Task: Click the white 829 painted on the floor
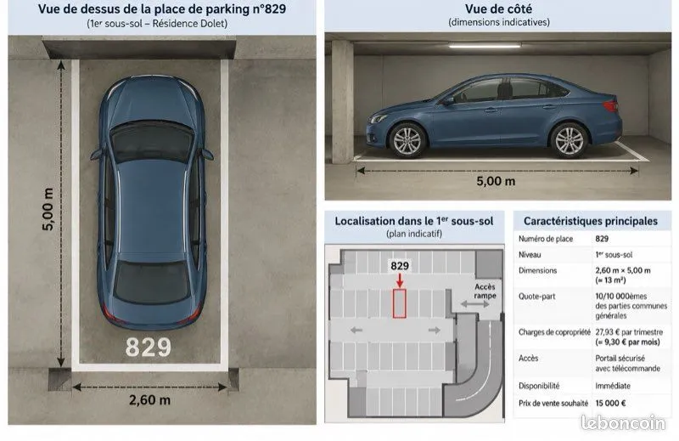pyautogui.click(x=149, y=348)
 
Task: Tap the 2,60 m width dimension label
pyautogui.click(x=150, y=400)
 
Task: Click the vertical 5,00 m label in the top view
pyautogui.click(x=48, y=209)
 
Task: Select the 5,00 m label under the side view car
pyautogui.click(x=496, y=181)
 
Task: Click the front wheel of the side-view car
pyautogui.click(x=407, y=140)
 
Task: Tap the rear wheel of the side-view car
pyautogui.click(x=569, y=140)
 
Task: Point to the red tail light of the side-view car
pyautogui.click(x=609, y=105)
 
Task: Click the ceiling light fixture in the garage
pyautogui.click(x=484, y=45)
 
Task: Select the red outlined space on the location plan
pyautogui.click(x=399, y=303)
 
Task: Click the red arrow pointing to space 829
pyautogui.click(x=400, y=280)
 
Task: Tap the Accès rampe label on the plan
pyautogui.click(x=485, y=291)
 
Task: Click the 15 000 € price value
pyautogui.click(x=610, y=404)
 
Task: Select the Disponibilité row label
pyautogui.click(x=539, y=386)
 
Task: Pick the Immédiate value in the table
pyautogui.click(x=613, y=386)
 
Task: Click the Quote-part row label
pyautogui.click(x=537, y=297)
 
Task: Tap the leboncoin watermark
pyautogui.click(x=623, y=423)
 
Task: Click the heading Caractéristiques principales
pyautogui.click(x=591, y=221)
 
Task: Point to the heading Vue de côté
pyautogui.click(x=499, y=8)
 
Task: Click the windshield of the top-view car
pyautogui.click(x=152, y=142)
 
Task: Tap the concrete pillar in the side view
pyautogui.click(x=343, y=102)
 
